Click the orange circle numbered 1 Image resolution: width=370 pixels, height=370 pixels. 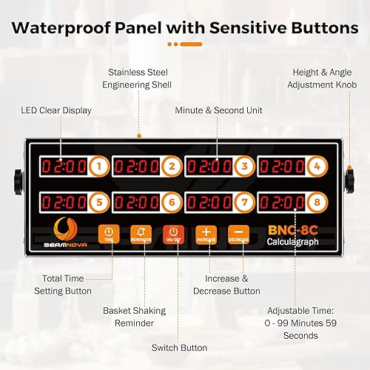click(99, 166)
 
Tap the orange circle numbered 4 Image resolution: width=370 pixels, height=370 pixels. click(317, 166)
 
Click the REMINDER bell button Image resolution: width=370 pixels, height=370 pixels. click(141, 234)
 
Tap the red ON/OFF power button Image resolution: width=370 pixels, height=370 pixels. click(174, 234)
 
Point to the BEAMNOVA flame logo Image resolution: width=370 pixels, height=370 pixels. click(63, 230)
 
